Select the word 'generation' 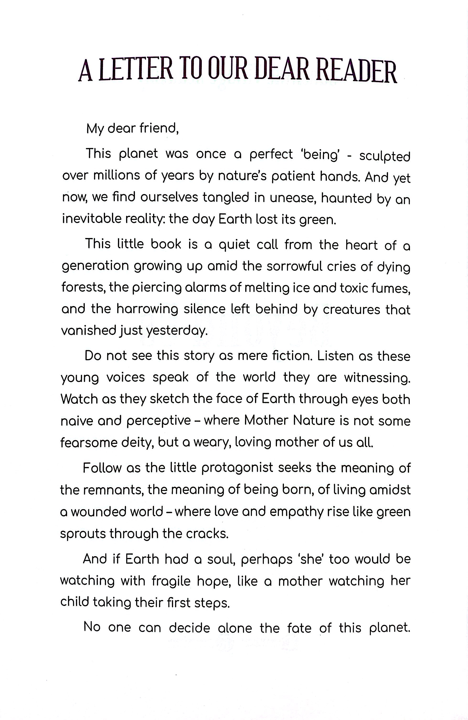95,266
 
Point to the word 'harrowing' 147,309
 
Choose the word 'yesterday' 177,331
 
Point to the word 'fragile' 171,581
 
